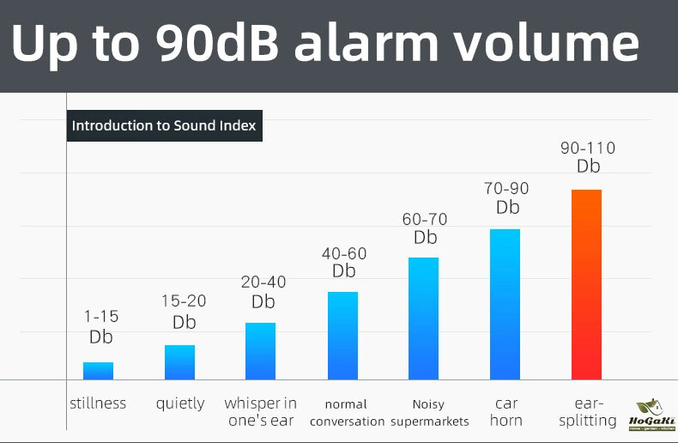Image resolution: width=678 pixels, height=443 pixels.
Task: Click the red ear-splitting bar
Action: coord(586,284)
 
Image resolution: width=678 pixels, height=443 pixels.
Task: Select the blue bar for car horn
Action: coord(505,304)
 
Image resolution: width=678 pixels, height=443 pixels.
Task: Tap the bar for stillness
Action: coord(98,370)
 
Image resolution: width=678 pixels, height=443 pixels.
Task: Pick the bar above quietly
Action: coord(179,361)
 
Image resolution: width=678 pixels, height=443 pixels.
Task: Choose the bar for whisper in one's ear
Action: coord(260,350)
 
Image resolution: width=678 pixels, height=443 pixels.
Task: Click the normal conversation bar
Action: coord(342,335)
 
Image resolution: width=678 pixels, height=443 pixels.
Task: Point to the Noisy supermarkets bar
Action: coord(423,318)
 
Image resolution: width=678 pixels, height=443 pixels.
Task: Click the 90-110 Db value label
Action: coord(588,157)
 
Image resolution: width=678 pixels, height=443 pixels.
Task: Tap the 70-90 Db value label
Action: coord(507,197)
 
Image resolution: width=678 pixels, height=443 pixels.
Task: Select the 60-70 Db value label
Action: coord(425,228)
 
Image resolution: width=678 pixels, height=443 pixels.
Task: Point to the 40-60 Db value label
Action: coord(344,262)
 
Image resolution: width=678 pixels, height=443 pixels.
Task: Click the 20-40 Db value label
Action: coord(263,292)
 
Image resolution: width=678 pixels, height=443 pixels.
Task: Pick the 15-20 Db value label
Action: coord(184,312)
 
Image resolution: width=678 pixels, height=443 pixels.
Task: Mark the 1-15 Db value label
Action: coord(101,326)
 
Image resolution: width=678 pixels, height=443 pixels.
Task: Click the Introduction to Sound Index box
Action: coord(164,125)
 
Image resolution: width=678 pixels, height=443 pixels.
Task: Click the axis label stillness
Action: coord(98,404)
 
